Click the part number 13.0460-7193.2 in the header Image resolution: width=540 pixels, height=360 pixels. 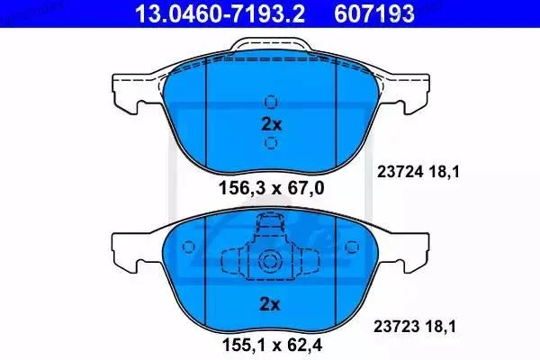(220, 13)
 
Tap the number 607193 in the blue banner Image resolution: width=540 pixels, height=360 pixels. (374, 13)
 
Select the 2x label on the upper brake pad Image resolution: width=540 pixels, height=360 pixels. (272, 124)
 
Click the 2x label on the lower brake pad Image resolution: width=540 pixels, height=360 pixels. (270, 304)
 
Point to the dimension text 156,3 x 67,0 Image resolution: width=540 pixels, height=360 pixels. (272, 188)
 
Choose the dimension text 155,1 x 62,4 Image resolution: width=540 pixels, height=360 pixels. (273, 345)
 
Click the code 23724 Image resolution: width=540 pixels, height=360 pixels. (400, 172)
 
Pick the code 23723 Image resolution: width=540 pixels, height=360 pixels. (397, 326)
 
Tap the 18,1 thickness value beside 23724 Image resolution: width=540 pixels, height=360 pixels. (445, 172)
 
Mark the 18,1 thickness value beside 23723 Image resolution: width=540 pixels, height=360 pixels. (441, 326)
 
